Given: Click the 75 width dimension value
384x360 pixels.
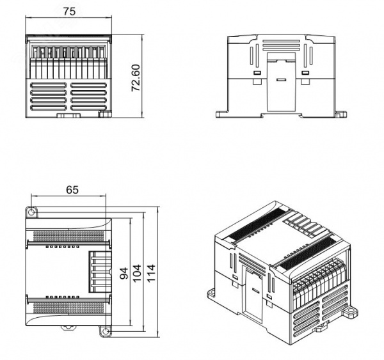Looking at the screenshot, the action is tap(69, 12).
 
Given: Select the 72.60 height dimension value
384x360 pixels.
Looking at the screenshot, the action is tap(136, 78).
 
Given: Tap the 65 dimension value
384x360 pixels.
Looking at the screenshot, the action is tap(72, 190).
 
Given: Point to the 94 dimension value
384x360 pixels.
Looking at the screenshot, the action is tap(124, 274).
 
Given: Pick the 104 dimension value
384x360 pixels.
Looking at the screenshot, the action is tap(137, 273).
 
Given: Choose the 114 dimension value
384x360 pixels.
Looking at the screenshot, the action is tap(151, 273).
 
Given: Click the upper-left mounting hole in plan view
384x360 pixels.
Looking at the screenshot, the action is tap(31, 212).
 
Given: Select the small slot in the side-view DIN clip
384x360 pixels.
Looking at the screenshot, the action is tap(281, 80).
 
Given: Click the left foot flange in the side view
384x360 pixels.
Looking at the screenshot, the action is tap(221, 114).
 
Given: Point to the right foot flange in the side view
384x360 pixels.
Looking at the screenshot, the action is tap(341, 114).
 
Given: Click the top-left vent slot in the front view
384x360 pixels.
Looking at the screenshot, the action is tap(48, 86).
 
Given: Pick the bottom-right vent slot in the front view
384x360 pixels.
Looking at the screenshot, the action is tap(89, 107).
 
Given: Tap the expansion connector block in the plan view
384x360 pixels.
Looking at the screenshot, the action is tap(100, 272).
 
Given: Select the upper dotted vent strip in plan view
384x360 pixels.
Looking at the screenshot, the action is tap(68, 236).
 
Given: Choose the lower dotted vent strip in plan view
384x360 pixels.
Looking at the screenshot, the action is tap(68, 308).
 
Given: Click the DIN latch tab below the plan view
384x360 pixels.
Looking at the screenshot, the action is tap(68, 328).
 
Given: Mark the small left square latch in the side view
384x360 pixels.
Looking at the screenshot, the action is tap(257, 73).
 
